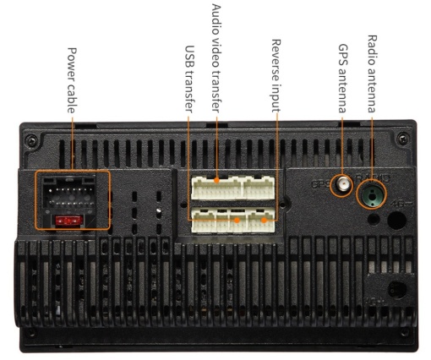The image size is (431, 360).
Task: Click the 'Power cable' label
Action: [72, 80]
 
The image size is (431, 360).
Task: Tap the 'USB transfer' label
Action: [189, 79]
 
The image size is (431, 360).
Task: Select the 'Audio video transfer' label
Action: [216, 58]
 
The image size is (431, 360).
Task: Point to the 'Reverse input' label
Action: [276, 75]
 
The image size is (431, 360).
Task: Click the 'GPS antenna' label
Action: [342, 78]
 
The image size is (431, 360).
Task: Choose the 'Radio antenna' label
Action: [372, 74]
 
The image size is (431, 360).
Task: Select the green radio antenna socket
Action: [372, 194]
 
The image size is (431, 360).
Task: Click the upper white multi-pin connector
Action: [232, 188]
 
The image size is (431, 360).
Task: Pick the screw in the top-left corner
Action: [31, 140]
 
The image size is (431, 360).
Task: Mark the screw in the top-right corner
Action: [403, 139]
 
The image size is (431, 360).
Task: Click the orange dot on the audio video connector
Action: [216, 180]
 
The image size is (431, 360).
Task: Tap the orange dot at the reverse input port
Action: [264, 220]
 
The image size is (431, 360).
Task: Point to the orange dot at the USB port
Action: [237, 220]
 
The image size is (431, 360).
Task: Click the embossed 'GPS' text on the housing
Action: [320, 184]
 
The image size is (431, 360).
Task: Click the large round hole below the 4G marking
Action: [397, 220]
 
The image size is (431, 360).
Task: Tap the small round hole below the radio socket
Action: [374, 219]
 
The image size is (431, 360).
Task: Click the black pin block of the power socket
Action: [69, 194]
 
